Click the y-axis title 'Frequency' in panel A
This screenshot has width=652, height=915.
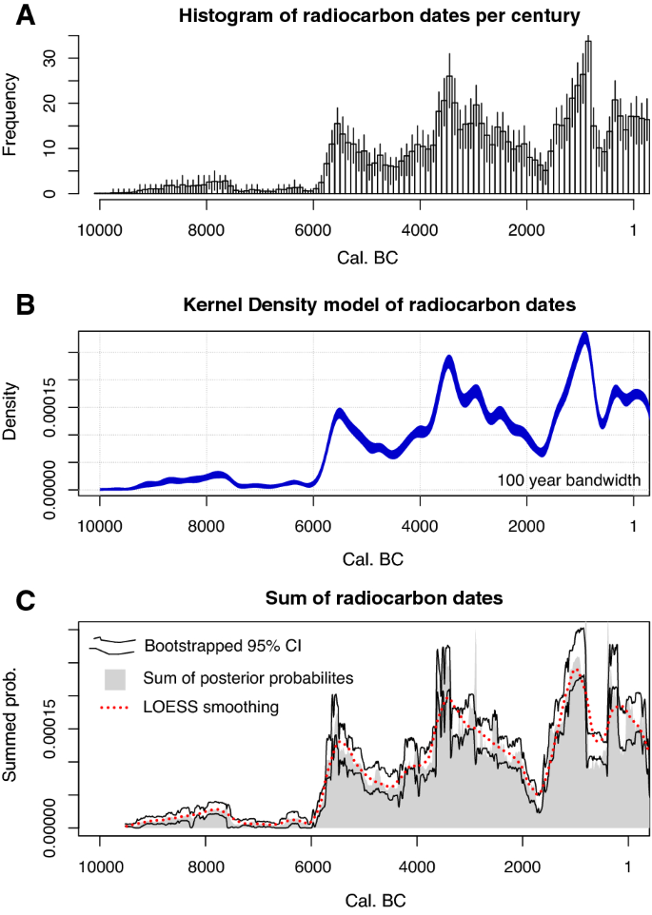coord(11,116)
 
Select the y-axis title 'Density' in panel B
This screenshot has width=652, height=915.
coord(11,410)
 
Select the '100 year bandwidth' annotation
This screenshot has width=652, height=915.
coord(568,479)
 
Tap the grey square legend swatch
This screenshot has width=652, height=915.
coord(114,677)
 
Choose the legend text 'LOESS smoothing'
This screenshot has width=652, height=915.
coord(206,707)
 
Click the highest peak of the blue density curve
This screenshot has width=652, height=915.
coord(584,336)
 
